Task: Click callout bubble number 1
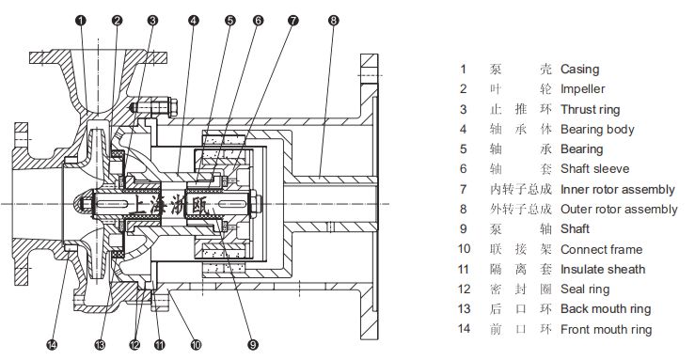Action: (x=81, y=21)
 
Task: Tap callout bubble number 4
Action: (x=193, y=21)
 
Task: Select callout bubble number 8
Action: (x=334, y=21)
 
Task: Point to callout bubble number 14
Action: (x=52, y=345)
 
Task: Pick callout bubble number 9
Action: (x=253, y=345)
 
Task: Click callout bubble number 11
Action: (x=159, y=345)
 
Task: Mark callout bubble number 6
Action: (x=258, y=21)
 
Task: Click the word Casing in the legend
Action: (x=579, y=70)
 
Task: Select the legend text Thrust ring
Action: (x=590, y=109)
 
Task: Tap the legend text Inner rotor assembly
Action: (x=618, y=190)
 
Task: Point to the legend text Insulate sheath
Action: (x=603, y=269)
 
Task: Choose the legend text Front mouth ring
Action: (x=606, y=329)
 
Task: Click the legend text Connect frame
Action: (x=602, y=249)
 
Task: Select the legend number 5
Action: (x=464, y=149)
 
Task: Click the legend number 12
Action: (x=464, y=290)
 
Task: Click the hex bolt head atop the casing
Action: (x=173, y=107)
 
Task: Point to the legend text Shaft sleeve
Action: (x=594, y=168)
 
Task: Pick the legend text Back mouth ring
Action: (x=606, y=309)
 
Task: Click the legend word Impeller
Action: (x=582, y=89)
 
